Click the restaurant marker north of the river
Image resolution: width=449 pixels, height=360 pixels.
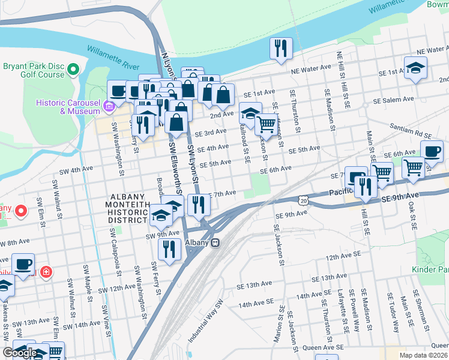click(x=280, y=48)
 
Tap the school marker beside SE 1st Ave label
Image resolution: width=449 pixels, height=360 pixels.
click(x=415, y=69)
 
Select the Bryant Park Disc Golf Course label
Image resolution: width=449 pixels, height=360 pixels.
click(x=33, y=70)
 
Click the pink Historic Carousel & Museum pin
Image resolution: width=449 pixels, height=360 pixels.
click(x=109, y=107)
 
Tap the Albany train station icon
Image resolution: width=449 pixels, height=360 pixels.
click(x=214, y=242)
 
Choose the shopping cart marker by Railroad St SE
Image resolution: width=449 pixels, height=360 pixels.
click(x=265, y=125)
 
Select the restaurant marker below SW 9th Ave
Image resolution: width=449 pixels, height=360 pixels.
click(x=170, y=249)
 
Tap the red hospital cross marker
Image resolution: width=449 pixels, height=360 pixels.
click(x=46, y=273)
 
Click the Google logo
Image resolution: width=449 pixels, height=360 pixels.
click(x=20, y=353)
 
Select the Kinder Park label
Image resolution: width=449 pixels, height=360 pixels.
click(x=431, y=271)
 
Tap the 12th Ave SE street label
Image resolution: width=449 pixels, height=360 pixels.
click(x=343, y=255)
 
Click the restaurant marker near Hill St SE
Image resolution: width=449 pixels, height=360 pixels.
click(x=366, y=187)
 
